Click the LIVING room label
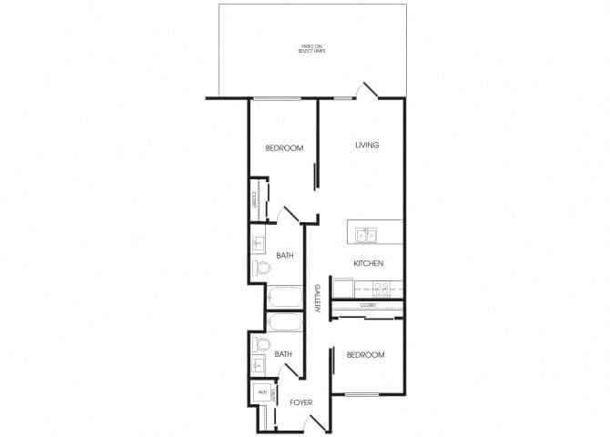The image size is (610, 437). click(x=367, y=145)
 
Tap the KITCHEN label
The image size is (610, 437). click(x=368, y=263)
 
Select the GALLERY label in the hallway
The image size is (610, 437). click(x=318, y=299)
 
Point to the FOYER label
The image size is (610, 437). click(x=301, y=401)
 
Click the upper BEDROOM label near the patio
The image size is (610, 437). click(x=284, y=147)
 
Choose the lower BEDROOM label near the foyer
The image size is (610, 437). click(x=365, y=354)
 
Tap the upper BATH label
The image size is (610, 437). click(x=283, y=257)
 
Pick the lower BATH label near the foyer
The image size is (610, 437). click(x=283, y=354)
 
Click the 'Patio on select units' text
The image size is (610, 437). click(x=312, y=48)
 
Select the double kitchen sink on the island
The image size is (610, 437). click(x=366, y=236)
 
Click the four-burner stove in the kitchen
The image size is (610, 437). click(x=383, y=289)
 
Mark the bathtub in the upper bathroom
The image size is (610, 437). click(x=284, y=298)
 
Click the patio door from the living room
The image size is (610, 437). click(x=368, y=89)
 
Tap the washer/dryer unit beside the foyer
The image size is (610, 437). click(x=261, y=392)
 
